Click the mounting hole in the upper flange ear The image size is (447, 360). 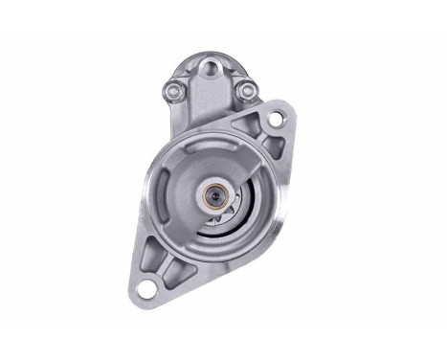pyautogui.click(x=277, y=121)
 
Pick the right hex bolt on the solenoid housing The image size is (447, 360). pyautogui.click(x=246, y=90)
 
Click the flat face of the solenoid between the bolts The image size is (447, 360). pyautogui.click(x=209, y=101)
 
